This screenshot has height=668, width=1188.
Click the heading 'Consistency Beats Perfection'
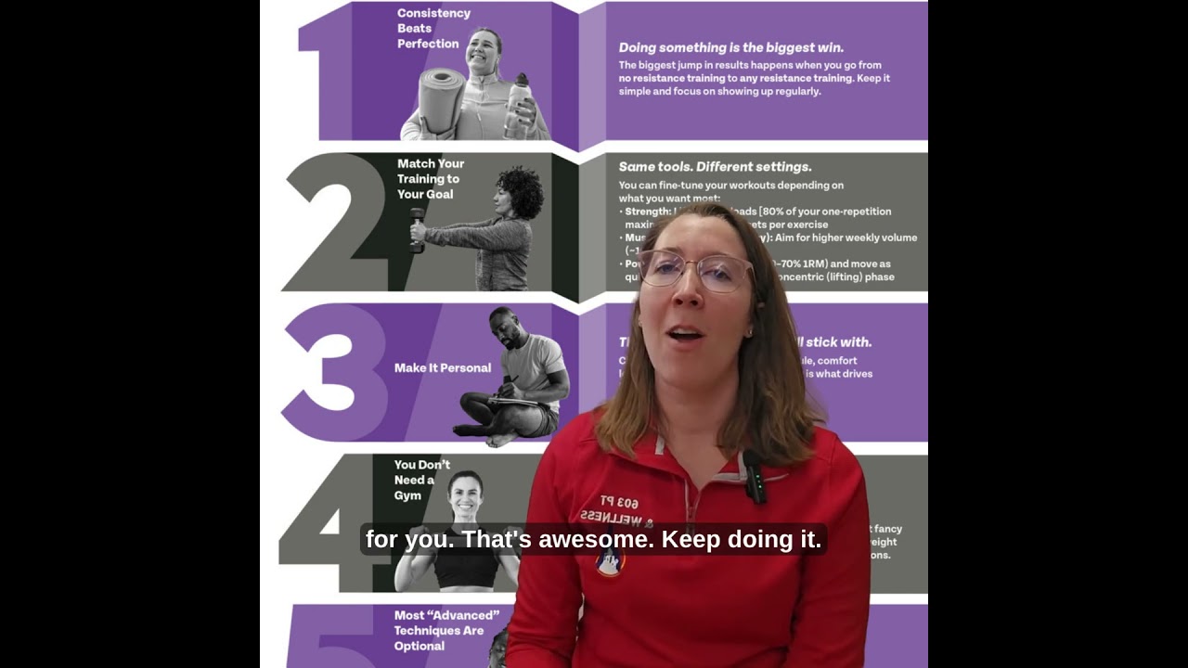pyautogui.click(x=433, y=29)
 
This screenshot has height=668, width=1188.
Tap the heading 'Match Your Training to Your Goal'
pyautogui.click(x=431, y=179)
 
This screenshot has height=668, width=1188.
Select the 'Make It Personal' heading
pyautogui.click(x=443, y=368)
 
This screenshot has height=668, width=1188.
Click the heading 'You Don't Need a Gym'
pyautogui.click(x=422, y=480)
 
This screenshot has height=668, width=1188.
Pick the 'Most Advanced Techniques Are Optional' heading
pyautogui.click(x=446, y=630)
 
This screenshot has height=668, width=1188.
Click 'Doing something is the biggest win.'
pyautogui.click(x=731, y=47)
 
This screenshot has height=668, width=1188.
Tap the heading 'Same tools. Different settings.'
pyautogui.click(x=715, y=167)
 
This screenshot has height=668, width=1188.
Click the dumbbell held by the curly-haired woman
pyautogui.click(x=418, y=230)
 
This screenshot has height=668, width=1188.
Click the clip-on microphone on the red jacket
pyautogui.click(x=755, y=477)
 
